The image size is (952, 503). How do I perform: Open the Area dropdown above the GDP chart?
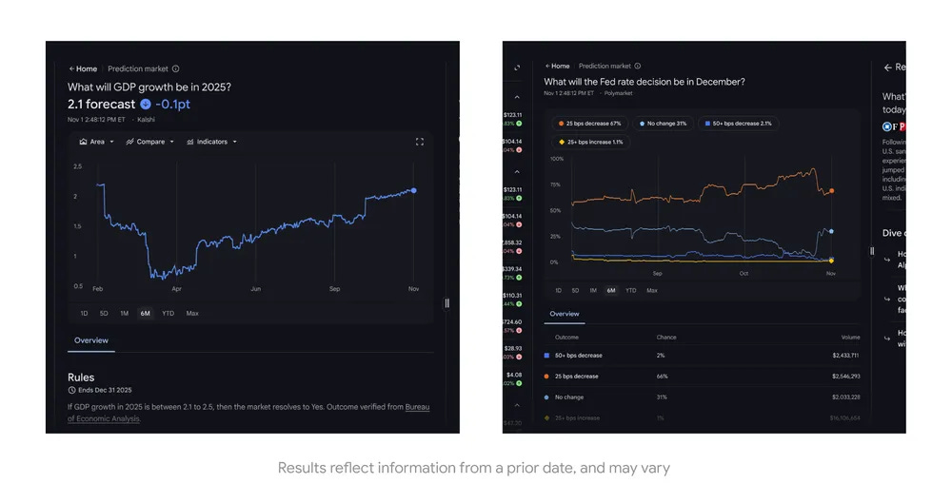tap(97, 142)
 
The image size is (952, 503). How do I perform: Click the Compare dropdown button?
tap(150, 142)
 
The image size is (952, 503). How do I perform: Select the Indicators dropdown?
tap(211, 142)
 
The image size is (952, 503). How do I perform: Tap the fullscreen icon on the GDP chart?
tap(419, 142)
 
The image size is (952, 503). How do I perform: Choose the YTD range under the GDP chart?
tap(168, 313)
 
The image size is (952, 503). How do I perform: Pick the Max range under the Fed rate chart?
tap(652, 290)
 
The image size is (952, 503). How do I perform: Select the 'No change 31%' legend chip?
tap(664, 124)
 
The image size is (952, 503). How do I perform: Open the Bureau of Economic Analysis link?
tap(417, 407)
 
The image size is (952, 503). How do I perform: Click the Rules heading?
tap(81, 377)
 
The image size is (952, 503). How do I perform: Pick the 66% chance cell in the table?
tap(662, 377)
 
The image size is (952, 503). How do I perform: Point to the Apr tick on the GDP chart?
tap(176, 288)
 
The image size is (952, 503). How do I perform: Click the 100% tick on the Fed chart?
tap(557, 159)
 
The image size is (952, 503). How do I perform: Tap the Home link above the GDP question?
tap(84, 68)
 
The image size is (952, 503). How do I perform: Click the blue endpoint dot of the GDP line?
tap(413, 190)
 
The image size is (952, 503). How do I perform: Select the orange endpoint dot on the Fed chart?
tap(832, 191)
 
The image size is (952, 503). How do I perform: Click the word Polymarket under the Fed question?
tap(616, 93)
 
